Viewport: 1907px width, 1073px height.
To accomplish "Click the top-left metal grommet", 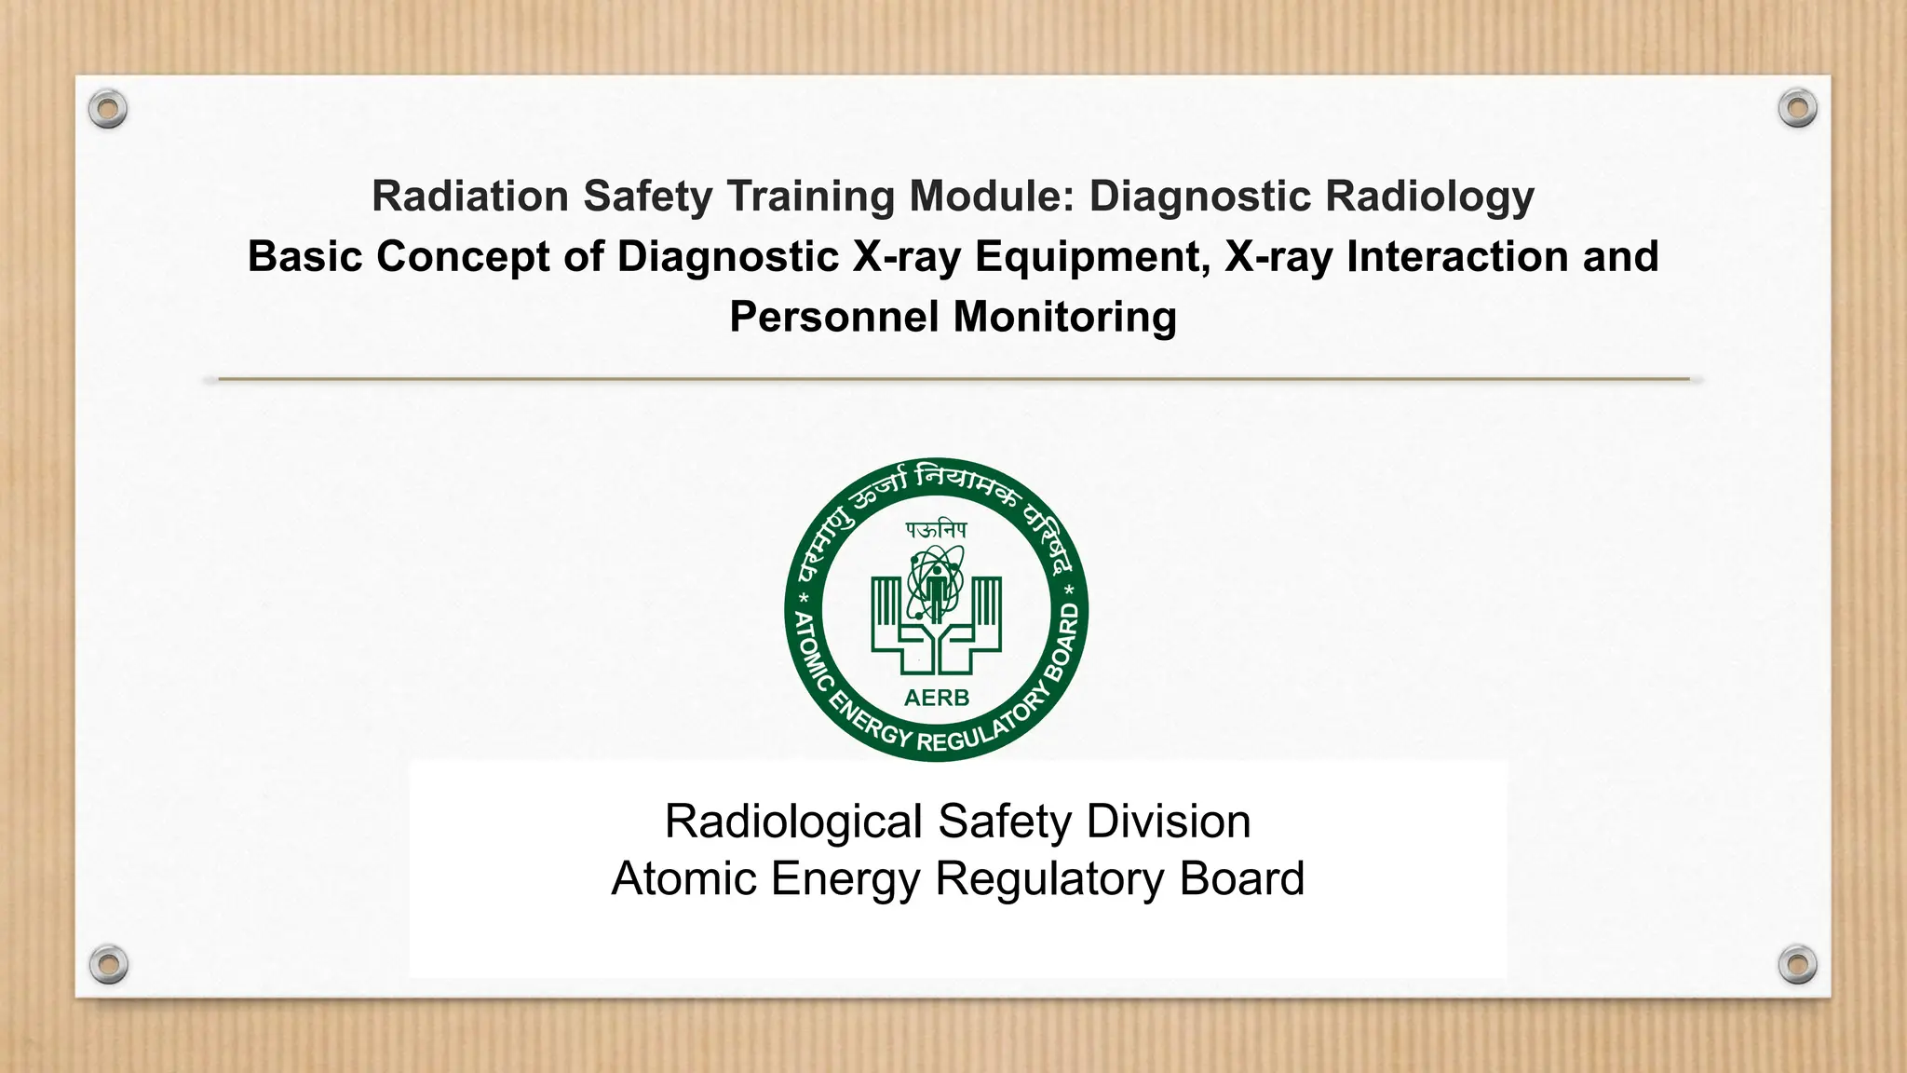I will point(108,109).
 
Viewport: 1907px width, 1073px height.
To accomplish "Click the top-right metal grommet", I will point(1797,109).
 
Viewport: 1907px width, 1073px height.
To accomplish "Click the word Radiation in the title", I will point(470,196).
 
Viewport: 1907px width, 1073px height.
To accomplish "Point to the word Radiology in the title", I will point(1429,197).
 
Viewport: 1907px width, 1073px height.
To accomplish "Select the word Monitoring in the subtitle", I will point(1065,319).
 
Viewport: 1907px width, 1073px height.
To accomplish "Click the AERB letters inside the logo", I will point(937,698).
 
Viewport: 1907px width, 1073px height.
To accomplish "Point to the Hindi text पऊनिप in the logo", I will point(937,530).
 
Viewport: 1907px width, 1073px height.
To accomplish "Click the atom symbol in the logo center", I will point(936,582).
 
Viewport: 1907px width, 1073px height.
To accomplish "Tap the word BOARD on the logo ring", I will point(1063,643).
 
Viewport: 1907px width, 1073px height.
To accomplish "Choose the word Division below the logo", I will point(1169,822).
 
